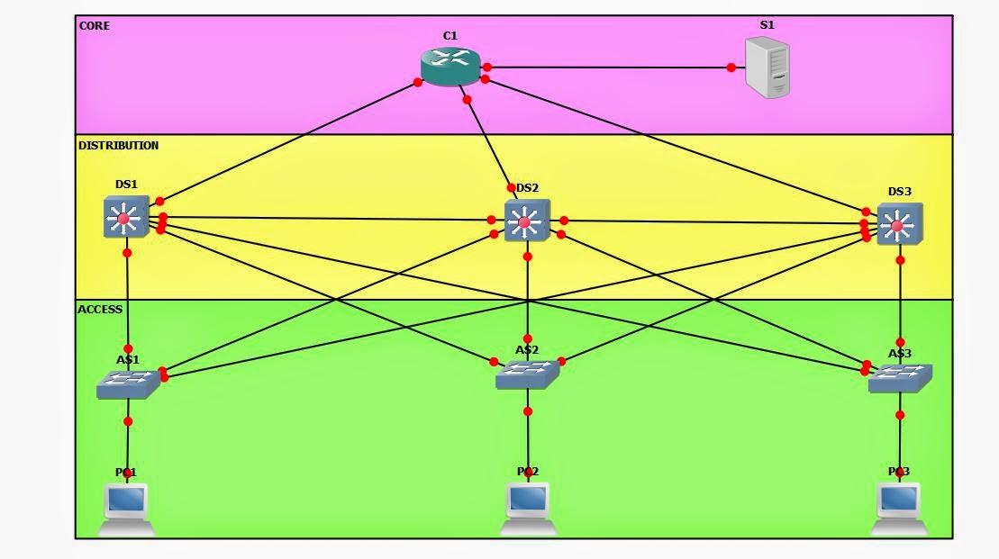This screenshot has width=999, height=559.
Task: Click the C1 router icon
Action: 450,66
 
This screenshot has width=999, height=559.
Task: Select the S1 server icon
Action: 767,68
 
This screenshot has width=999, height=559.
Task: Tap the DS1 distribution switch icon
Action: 124,218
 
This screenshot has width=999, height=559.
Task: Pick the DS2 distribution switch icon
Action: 526,221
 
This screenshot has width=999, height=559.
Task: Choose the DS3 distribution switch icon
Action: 899,224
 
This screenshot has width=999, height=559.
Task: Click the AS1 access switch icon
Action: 128,384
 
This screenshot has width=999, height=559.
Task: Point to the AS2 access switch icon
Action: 527,374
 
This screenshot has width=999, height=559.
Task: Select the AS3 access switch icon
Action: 899,378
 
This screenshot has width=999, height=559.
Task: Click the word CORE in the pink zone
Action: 95,26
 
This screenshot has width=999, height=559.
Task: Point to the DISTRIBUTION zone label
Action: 119,145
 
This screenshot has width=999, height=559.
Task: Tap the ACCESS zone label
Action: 101,309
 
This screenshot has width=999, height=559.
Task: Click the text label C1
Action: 450,36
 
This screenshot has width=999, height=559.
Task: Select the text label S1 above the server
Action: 767,25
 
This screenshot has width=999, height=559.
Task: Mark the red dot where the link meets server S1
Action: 731,68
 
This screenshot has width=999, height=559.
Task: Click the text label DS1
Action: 126,185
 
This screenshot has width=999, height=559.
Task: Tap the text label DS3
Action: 899,192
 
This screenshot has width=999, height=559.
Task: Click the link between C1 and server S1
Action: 608,68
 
